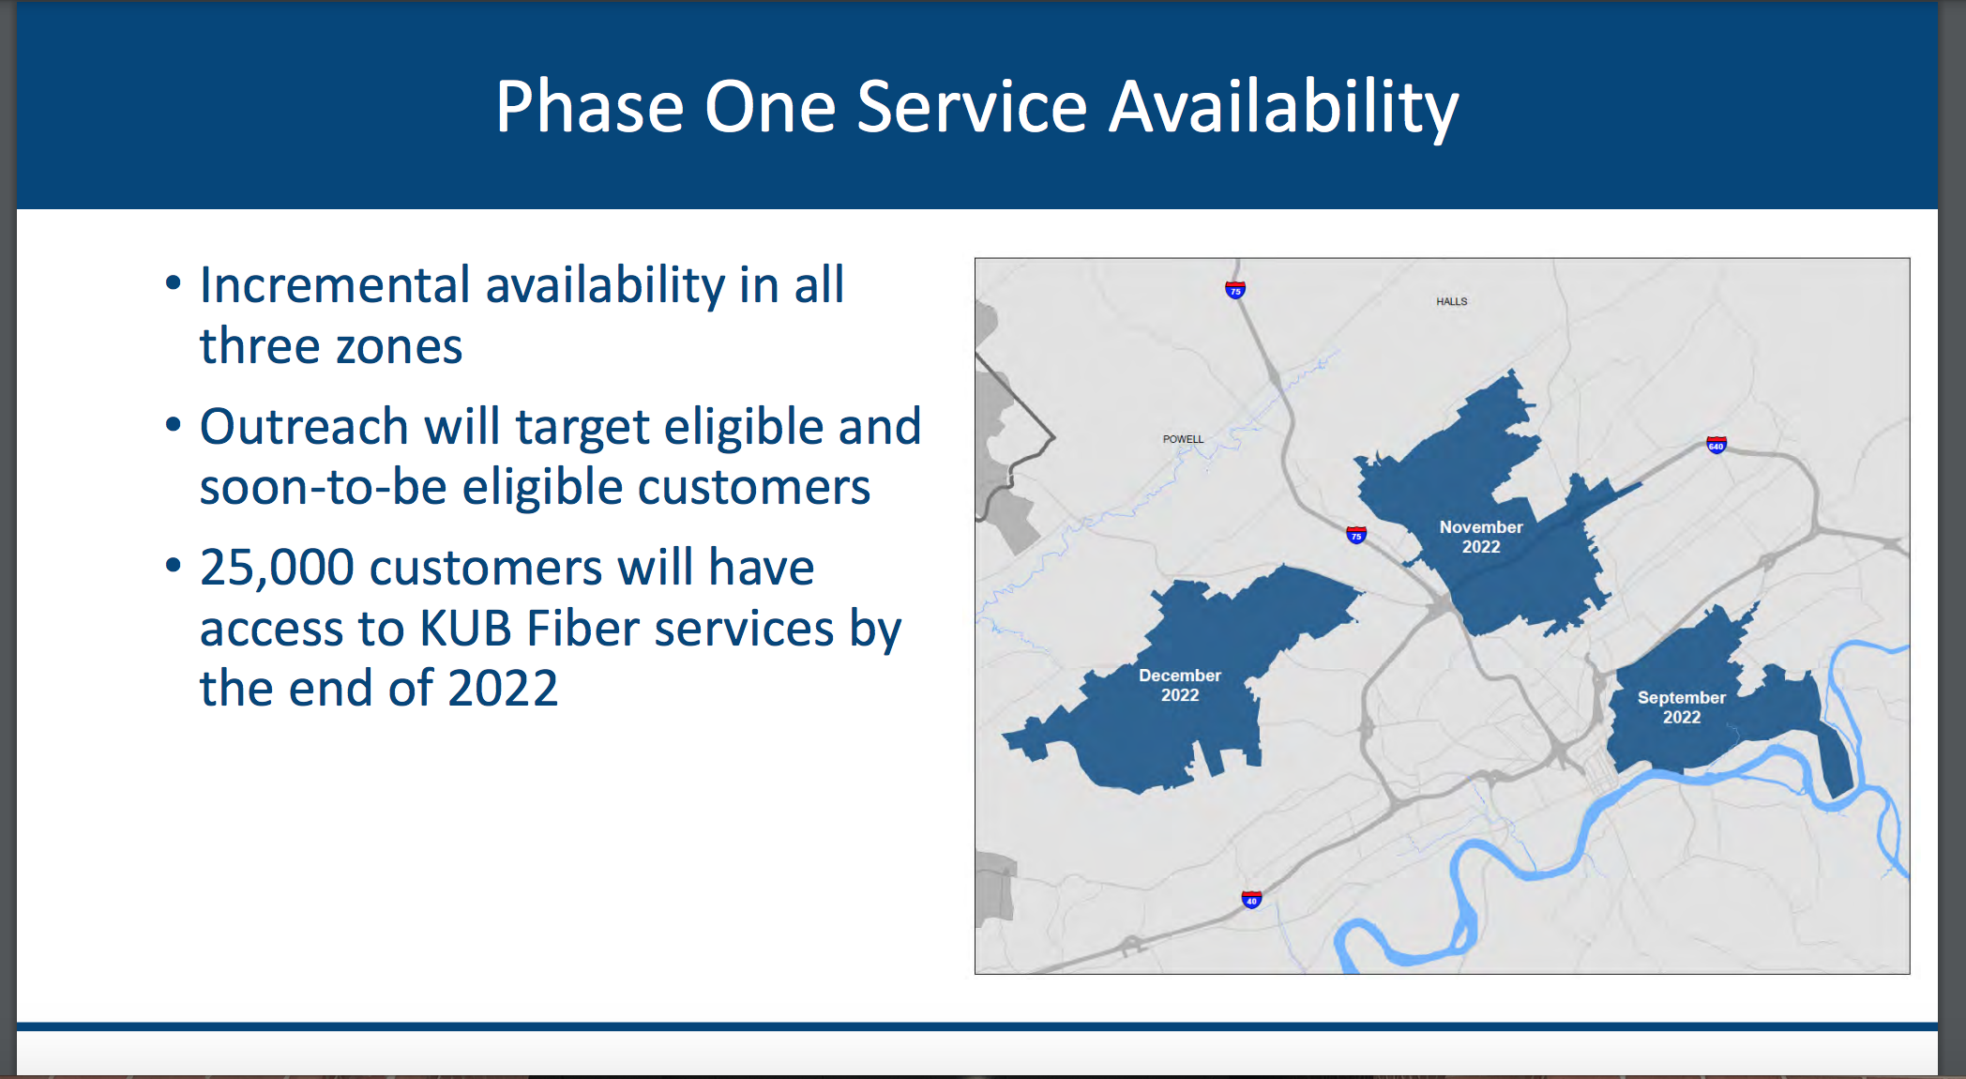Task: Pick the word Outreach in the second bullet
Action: point(304,427)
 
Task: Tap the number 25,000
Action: point(277,568)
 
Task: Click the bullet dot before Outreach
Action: point(173,426)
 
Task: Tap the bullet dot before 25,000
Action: point(173,566)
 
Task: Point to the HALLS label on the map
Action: point(1451,301)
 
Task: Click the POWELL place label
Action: point(1183,439)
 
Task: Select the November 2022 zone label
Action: point(1481,537)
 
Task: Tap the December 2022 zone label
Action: point(1180,685)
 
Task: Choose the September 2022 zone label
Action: point(1682,707)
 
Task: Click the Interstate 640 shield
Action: point(1716,445)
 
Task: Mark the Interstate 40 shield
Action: point(1251,900)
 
